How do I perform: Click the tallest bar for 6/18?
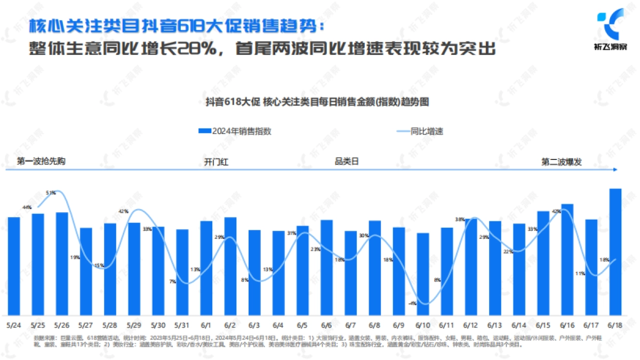tap(615, 251)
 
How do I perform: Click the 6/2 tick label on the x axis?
tap(230, 325)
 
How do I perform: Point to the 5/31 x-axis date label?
tap(182, 325)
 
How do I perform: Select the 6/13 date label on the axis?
tap(494, 325)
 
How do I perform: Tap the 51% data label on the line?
tap(51, 193)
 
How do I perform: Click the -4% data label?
tap(412, 303)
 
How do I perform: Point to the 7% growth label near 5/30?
tap(172, 282)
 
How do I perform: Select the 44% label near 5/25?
tap(27, 207)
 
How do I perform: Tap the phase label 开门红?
tap(216, 162)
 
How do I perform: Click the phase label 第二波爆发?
tap(562, 162)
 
